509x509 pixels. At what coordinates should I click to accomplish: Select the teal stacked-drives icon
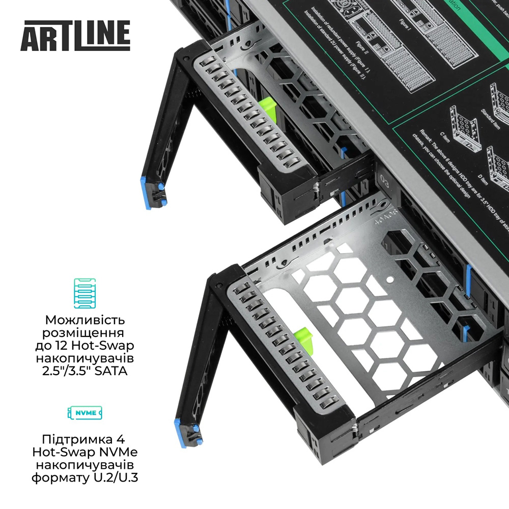pos(85,294)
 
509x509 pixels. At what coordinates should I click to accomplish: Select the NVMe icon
pos(85,412)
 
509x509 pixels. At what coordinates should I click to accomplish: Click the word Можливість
pos(85,321)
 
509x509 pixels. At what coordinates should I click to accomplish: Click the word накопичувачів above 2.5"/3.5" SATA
pos(85,359)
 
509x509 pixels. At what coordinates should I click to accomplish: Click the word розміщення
pos(85,333)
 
